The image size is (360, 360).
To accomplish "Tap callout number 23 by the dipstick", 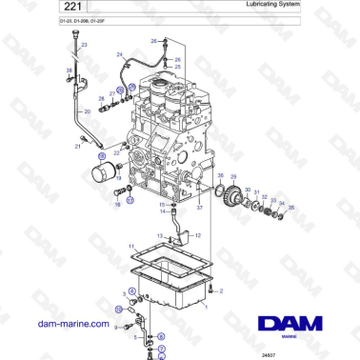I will pos(84,45).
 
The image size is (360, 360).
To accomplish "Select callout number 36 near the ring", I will pos(220,177).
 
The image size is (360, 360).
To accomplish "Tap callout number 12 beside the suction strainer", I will pos(197,233).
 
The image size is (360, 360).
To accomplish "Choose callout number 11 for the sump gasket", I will pos(132,247).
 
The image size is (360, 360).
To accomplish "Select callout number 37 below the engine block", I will pos(200,208).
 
